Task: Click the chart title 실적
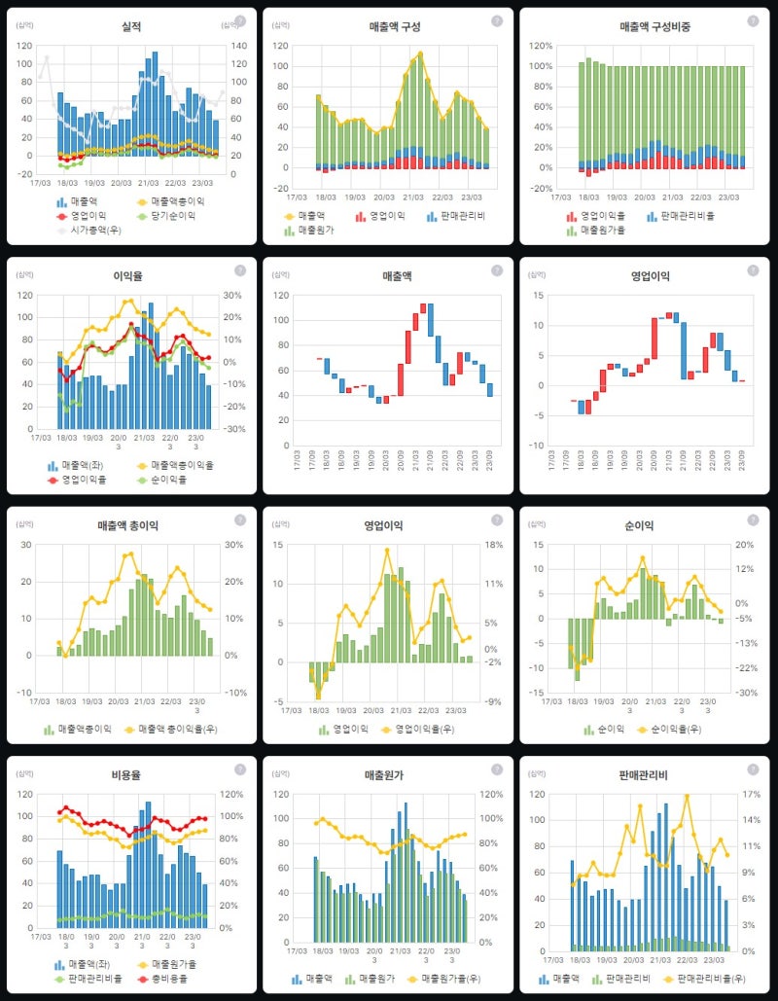tap(131, 26)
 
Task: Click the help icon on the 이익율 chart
tap(240, 270)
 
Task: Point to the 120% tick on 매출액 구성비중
tap(542, 46)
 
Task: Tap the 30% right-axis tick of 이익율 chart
tap(234, 296)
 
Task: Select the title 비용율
tap(131, 775)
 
